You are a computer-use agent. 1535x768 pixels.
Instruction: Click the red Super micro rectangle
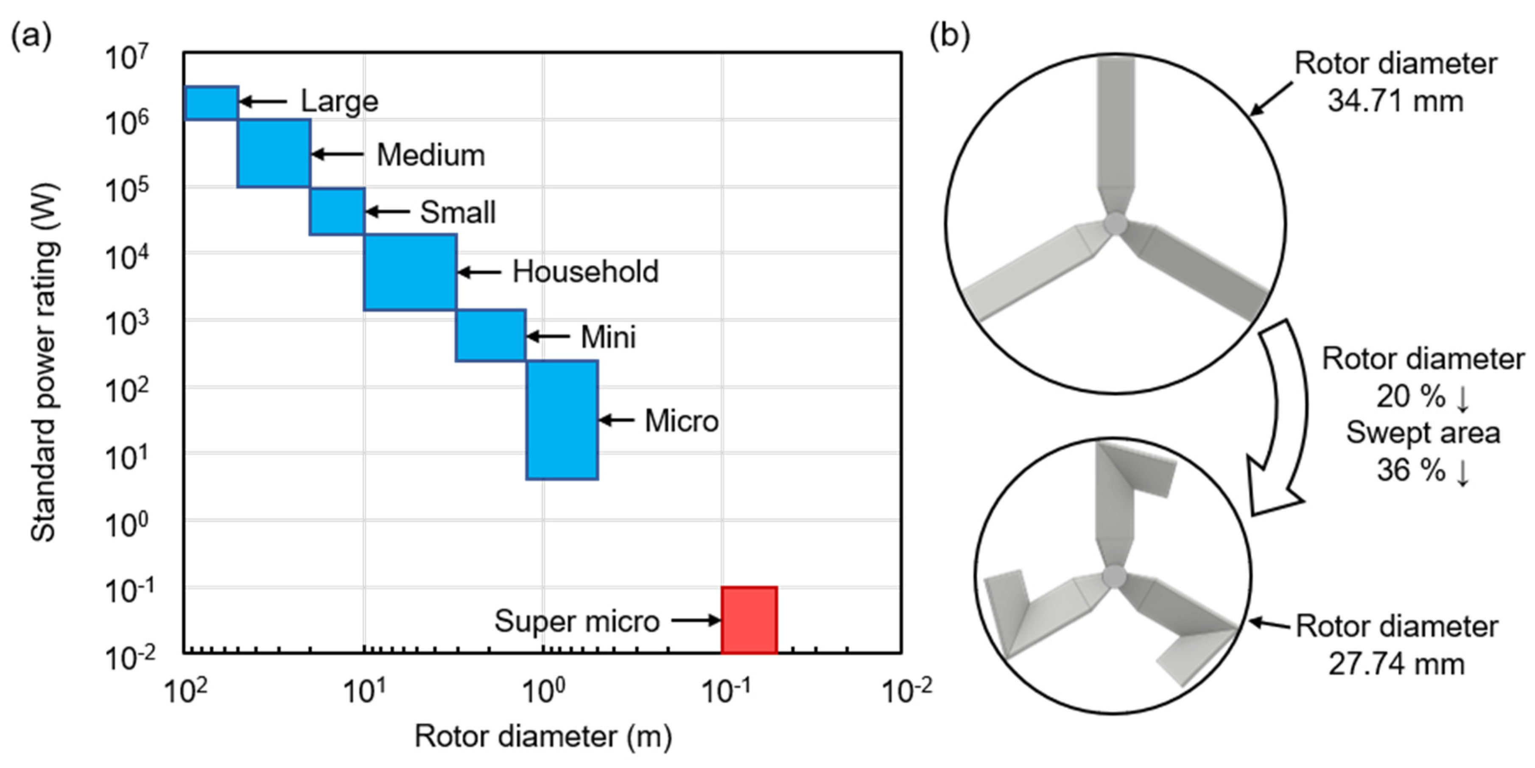749,620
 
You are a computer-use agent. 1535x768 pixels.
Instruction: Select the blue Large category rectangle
212,103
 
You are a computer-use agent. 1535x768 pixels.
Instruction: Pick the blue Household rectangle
410,272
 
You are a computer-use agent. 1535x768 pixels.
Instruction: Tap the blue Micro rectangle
562,420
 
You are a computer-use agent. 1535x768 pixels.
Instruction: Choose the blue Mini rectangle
490,335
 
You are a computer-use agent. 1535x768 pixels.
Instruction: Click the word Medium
431,156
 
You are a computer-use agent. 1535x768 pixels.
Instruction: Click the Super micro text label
576,621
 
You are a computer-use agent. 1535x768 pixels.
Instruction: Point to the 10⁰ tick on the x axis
543,691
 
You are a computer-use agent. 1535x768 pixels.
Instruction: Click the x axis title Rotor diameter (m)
543,737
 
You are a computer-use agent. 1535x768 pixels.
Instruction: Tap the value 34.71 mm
1395,101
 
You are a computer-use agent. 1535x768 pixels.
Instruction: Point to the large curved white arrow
1281,417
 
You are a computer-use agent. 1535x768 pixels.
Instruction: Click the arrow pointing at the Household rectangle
480,272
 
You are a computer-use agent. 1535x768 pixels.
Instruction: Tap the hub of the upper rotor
1115,224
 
